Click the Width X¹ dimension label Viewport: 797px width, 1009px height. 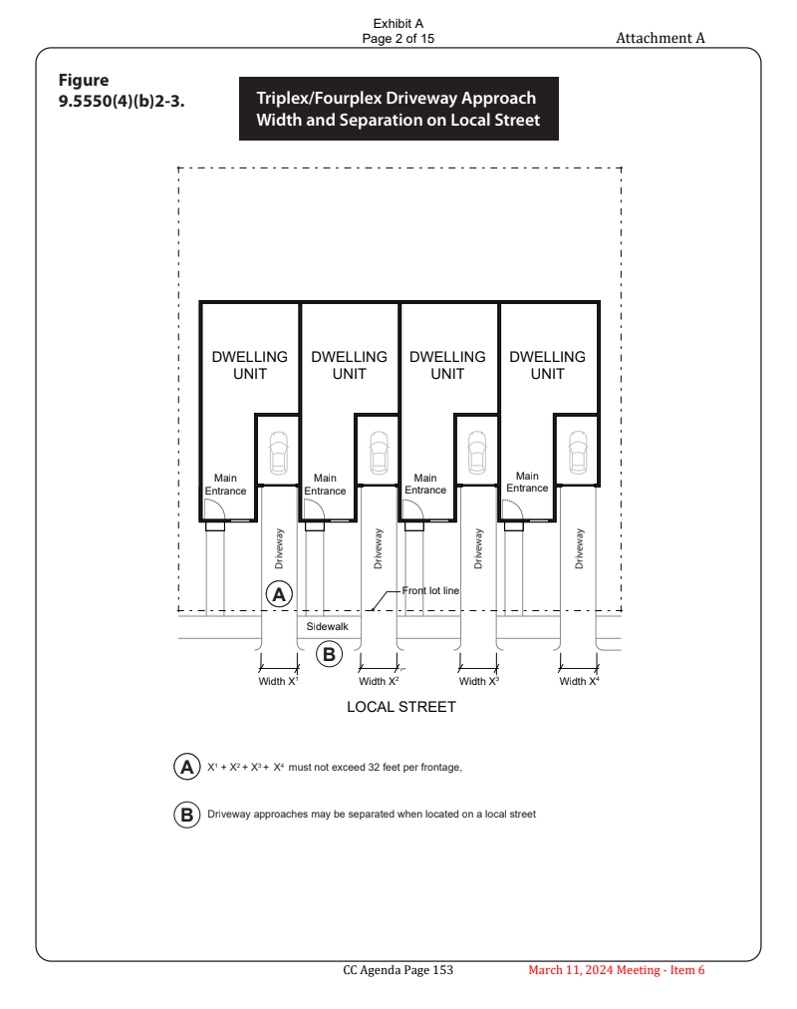(x=279, y=682)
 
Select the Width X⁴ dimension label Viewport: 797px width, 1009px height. (x=580, y=682)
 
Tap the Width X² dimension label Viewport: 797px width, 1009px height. (x=380, y=682)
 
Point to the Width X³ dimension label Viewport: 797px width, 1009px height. (x=479, y=682)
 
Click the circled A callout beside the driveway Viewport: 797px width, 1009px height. (x=280, y=594)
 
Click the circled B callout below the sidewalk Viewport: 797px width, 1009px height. (x=329, y=654)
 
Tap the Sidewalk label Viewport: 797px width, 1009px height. (x=327, y=626)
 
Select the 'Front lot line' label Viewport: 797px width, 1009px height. (x=430, y=591)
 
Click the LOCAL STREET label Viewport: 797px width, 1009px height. (x=400, y=707)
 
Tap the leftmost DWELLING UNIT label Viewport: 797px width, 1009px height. (x=250, y=365)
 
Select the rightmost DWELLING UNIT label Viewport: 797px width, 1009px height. (x=547, y=365)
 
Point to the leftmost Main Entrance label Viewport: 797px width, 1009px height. (x=226, y=485)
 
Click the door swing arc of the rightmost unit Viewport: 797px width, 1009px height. (x=511, y=508)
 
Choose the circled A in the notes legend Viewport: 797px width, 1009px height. (x=186, y=768)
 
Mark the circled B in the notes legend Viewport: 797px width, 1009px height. (x=186, y=815)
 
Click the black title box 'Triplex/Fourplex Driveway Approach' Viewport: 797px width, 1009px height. (x=398, y=109)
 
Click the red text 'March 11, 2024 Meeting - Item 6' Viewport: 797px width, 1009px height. (x=617, y=970)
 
